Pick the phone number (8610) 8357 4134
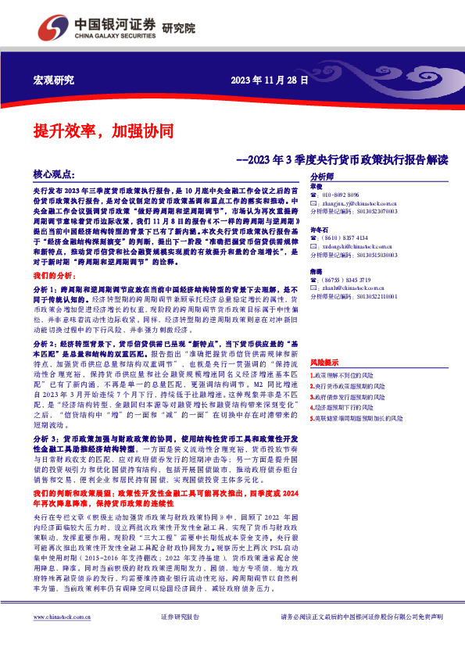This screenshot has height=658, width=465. tap(345, 238)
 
